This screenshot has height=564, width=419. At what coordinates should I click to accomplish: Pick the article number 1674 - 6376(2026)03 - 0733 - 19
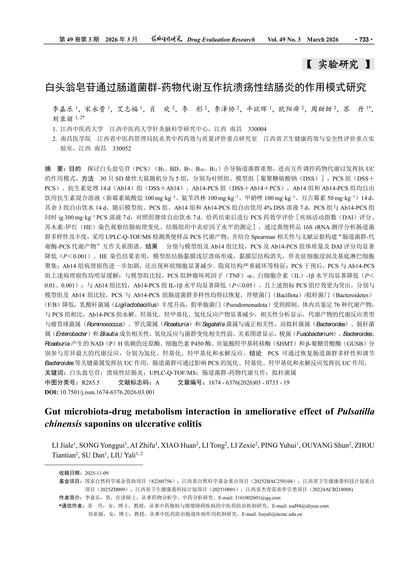[249, 383]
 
